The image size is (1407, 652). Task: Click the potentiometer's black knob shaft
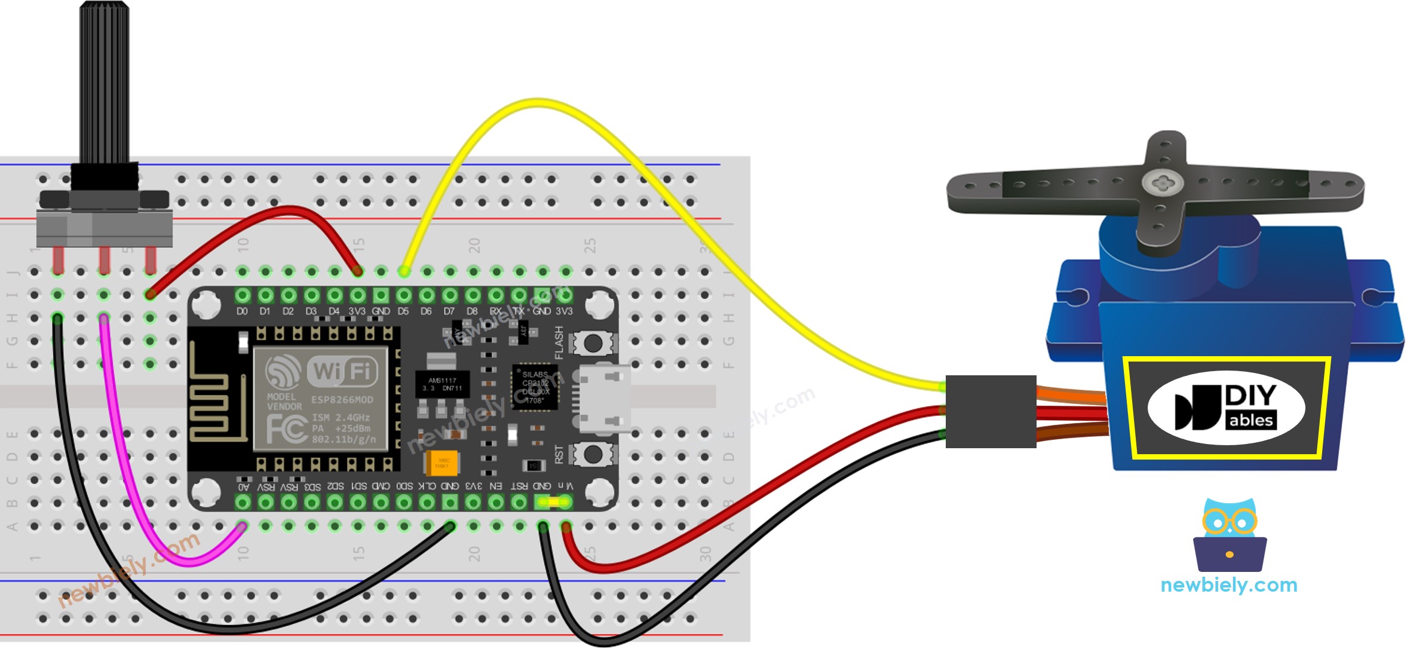tap(104, 84)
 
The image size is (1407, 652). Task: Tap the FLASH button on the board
tap(592, 343)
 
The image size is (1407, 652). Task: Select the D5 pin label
tap(403, 311)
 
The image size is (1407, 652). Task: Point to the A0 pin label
tap(243, 487)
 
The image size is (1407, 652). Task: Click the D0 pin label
tap(242, 311)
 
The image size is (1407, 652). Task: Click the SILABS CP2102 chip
tap(535, 387)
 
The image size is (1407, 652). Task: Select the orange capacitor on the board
tap(442, 463)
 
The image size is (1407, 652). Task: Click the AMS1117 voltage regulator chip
tap(442, 384)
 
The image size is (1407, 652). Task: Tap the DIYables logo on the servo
tap(1226, 408)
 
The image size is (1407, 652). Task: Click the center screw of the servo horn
tap(1159, 182)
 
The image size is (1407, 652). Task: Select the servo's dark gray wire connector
tap(991, 411)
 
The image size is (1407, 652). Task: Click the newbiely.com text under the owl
tap(1228, 585)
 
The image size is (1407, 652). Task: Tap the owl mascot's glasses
tap(1230, 522)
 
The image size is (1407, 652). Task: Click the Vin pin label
tap(565, 486)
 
